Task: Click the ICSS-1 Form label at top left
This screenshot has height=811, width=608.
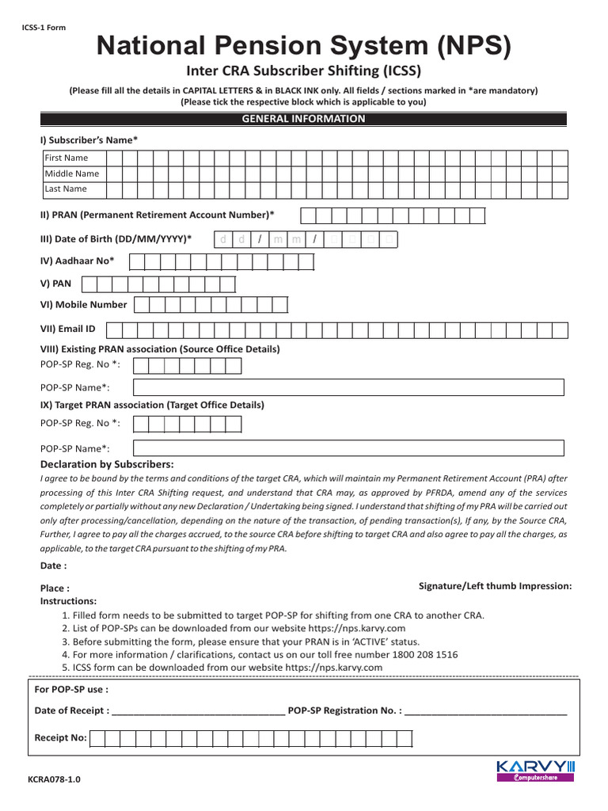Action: pos(44,28)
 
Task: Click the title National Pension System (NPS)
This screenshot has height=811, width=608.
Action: pos(303,47)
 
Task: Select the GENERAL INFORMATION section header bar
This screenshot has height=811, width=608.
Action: pos(303,119)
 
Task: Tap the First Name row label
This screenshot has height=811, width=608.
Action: pos(66,158)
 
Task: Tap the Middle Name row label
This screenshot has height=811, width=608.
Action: pos(71,173)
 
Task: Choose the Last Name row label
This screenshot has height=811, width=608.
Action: pos(66,189)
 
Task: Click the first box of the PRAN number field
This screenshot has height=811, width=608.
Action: pos(307,215)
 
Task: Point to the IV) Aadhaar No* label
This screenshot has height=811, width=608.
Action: pos(77,261)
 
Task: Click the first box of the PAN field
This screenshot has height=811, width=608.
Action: pos(89,284)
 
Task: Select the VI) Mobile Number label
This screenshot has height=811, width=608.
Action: pos(83,304)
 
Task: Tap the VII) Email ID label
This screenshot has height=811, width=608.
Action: pos(67,328)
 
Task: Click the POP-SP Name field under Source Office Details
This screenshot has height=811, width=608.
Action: pos(348,387)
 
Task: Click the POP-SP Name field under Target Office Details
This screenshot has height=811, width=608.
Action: pos(348,448)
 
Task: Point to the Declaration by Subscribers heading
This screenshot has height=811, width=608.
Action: pos(107,464)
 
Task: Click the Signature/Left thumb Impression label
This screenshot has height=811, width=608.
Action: pos(495,586)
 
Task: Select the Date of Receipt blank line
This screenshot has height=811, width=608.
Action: pos(199,711)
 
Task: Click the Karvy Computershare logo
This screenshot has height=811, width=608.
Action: pos(535,771)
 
